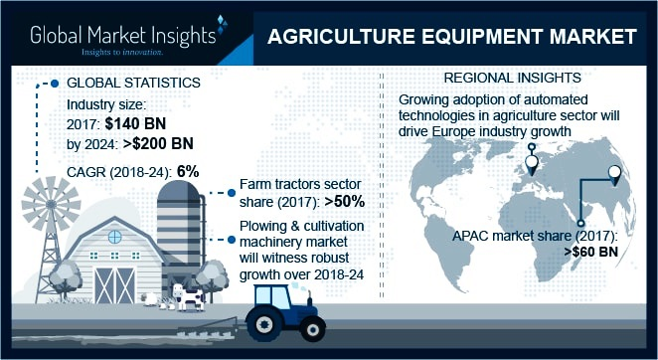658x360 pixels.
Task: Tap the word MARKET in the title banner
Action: [x=585, y=38]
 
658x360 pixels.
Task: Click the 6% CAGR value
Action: [x=188, y=171]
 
